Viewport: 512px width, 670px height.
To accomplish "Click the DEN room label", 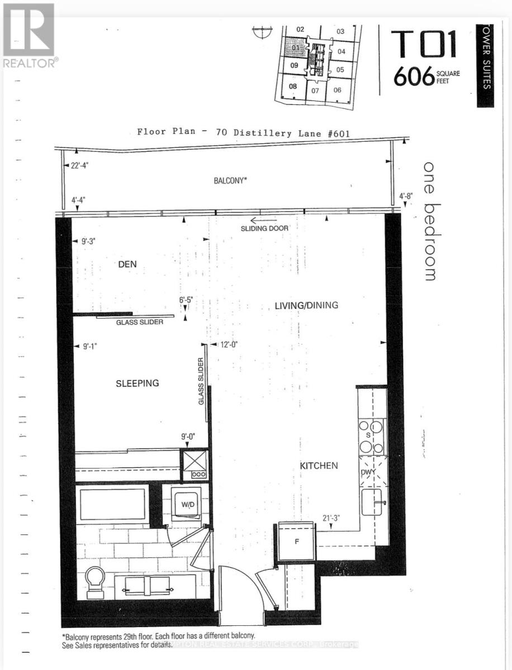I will [127, 264].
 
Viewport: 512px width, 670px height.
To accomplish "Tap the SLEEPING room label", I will [138, 383].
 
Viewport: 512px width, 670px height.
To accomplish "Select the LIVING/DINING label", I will [307, 305].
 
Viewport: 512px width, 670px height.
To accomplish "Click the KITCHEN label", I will [319, 465].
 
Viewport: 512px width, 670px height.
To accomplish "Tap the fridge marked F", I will [297, 541].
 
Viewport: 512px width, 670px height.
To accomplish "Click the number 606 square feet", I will [414, 77].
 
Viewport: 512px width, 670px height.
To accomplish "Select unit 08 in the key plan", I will [292, 86].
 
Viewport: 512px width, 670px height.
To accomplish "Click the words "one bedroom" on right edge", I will [429, 221].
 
